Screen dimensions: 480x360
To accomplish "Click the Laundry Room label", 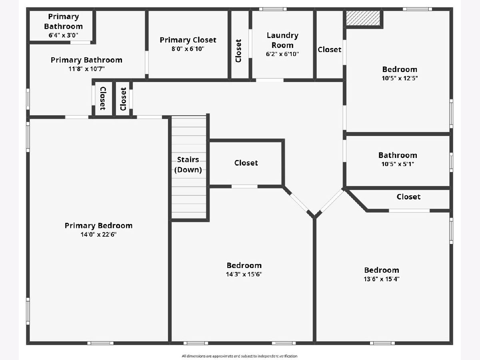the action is click(x=282, y=40).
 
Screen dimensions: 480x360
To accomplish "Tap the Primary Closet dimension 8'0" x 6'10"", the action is click(x=188, y=49).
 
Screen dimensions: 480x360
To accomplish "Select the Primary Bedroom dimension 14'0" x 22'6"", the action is click(x=98, y=234).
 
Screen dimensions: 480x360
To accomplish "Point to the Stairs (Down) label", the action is click(x=188, y=164).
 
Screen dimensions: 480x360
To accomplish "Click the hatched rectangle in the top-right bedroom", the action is click(x=363, y=18).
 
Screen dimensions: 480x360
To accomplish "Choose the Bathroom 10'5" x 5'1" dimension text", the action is click(x=398, y=164).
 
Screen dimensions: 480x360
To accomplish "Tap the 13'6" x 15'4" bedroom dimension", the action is click(x=382, y=279).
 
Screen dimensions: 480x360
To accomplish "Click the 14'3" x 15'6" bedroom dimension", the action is click(x=244, y=274).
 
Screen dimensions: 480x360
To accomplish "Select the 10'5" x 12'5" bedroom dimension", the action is click(x=400, y=78).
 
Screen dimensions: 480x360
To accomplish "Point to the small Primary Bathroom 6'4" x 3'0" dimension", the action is click(x=63, y=35).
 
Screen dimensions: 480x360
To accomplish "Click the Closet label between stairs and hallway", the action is click(x=246, y=163).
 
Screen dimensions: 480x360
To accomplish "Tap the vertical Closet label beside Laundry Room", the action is click(x=238, y=51).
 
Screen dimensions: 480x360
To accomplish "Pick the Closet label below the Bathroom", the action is click(x=408, y=197).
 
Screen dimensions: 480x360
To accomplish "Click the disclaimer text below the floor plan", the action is click(x=240, y=356).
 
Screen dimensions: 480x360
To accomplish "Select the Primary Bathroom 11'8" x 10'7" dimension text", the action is click(x=86, y=69).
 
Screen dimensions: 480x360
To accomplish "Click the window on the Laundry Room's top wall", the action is click(x=273, y=9).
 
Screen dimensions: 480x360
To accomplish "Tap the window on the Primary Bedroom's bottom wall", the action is click(x=100, y=343).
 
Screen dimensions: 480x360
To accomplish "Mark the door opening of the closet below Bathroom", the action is click(x=409, y=211).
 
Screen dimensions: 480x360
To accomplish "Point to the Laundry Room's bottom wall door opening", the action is click(x=270, y=80).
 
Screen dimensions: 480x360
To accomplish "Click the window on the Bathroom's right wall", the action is click(x=451, y=162).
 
